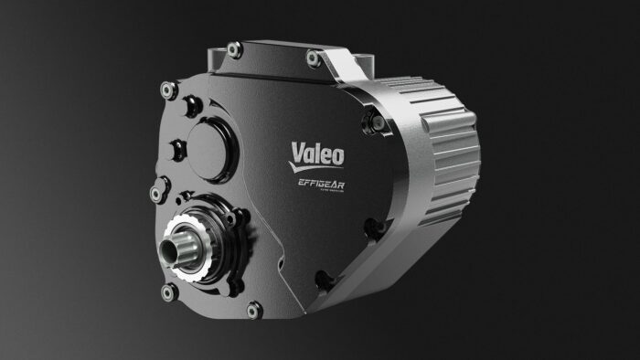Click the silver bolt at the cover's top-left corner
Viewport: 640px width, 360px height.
point(168,90)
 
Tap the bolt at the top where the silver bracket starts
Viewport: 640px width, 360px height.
point(313,58)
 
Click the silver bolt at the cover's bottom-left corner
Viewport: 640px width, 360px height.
point(168,292)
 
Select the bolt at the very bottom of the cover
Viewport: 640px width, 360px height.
point(253,311)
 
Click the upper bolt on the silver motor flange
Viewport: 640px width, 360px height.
point(372,121)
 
